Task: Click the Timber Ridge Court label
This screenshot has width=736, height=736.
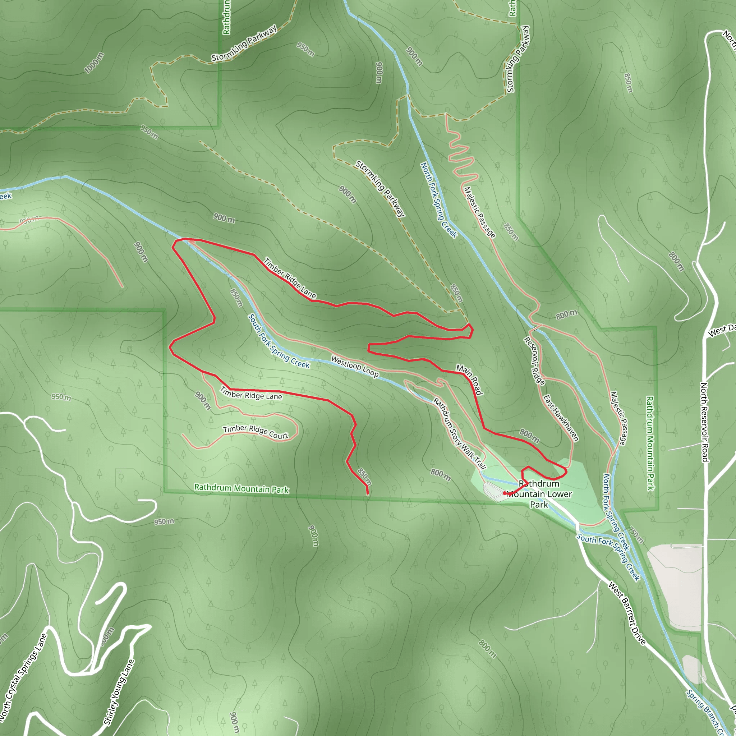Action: (x=256, y=432)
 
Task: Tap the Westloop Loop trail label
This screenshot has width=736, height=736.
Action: (x=355, y=366)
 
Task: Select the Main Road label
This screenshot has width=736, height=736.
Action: (x=469, y=379)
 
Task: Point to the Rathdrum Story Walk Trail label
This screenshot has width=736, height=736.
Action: (x=459, y=433)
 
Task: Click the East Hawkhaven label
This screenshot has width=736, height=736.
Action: (x=561, y=418)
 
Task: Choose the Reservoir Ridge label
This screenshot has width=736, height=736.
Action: (x=534, y=361)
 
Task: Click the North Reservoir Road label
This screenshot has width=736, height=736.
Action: (x=704, y=422)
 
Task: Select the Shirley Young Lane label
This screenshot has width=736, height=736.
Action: (x=119, y=692)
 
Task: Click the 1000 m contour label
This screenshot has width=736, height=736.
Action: (x=94, y=63)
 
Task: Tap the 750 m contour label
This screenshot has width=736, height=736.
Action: (x=636, y=535)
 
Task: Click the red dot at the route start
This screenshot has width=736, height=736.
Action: (x=504, y=493)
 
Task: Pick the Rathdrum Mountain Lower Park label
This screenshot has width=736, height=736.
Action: (x=539, y=494)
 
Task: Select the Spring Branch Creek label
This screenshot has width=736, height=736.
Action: (x=705, y=712)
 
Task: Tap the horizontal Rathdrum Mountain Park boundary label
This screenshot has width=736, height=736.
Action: (x=241, y=488)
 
